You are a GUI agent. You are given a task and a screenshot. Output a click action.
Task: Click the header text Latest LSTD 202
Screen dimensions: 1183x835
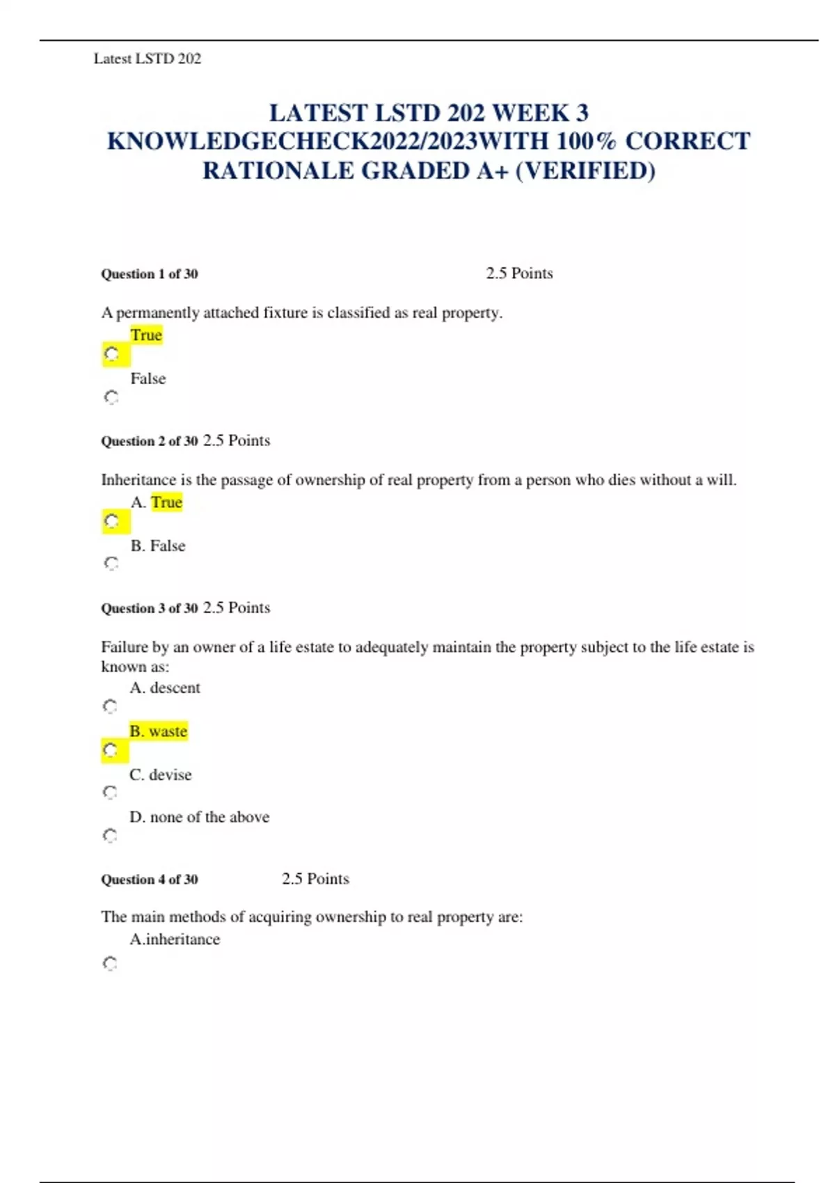pyautogui.click(x=147, y=59)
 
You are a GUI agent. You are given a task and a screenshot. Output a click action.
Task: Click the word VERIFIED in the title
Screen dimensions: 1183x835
pyautogui.click(x=585, y=171)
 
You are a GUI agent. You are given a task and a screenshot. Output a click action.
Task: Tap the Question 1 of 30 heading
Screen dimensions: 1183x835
pyautogui.click(x=150, y=274)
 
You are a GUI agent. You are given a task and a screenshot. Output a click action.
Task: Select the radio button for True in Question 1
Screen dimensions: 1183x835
pyautogui.click(x=111, y=354)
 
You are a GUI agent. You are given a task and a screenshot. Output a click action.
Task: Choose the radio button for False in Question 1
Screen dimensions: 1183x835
pyautogui.click(x=111, y=397)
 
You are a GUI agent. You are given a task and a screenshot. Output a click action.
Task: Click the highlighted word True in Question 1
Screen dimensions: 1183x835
pyautogui.click(x=146, y=335)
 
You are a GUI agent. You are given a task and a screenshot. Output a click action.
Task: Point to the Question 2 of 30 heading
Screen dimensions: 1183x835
pyautogui.click(x=150, y=441)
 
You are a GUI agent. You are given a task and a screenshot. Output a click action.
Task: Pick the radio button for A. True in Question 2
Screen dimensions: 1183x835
pyautogui.click(x=111, y=521)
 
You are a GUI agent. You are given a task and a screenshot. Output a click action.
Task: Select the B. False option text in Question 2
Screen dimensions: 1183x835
pyautogui.click(x=158, y=546)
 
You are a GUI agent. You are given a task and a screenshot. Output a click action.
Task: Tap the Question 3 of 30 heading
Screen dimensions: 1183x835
pyautogui.click(x=150, y=608)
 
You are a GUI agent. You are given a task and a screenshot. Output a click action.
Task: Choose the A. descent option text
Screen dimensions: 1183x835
pyautogui.click(x=165, y=688)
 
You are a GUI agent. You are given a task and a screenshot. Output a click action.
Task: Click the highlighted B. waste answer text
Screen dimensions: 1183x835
pyautogui.click(x=159, y=731)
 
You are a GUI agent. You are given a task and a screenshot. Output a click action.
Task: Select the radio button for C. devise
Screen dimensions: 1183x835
pyautogui.click(x=110, y=793)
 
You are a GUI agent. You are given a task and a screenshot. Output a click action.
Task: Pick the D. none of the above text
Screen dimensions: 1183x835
pyautogui.click(x=200, y=817)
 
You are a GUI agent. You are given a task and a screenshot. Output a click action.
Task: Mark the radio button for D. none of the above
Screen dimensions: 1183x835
pyautogui.click(x=110, y=835)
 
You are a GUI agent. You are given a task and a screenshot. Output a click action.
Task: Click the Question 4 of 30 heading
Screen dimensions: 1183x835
pyautogui.click(x=150, y=880)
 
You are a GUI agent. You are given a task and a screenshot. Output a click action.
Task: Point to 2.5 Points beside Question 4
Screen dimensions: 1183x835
pyautogui.click(x=315, y=879)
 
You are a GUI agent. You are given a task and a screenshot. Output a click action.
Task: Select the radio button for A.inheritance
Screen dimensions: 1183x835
pyautogui.click(x=110, y=964)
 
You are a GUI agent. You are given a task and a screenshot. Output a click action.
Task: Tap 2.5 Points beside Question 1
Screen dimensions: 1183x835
pyautogui.click(x=519, y=273)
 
